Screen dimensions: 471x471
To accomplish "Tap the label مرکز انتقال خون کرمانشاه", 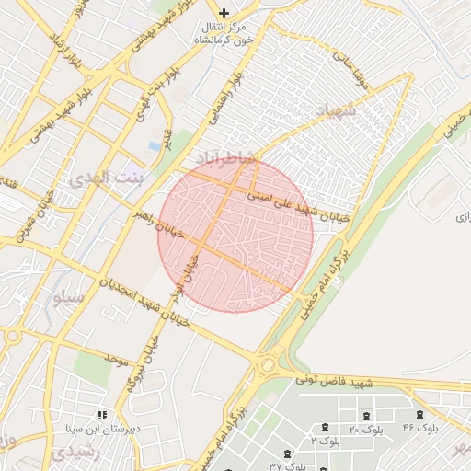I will [224, 35].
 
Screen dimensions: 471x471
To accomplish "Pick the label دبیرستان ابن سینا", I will [89, 429].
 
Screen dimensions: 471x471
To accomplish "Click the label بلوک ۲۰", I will [366, 430].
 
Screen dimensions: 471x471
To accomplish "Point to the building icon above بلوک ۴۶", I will [420, 415].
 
